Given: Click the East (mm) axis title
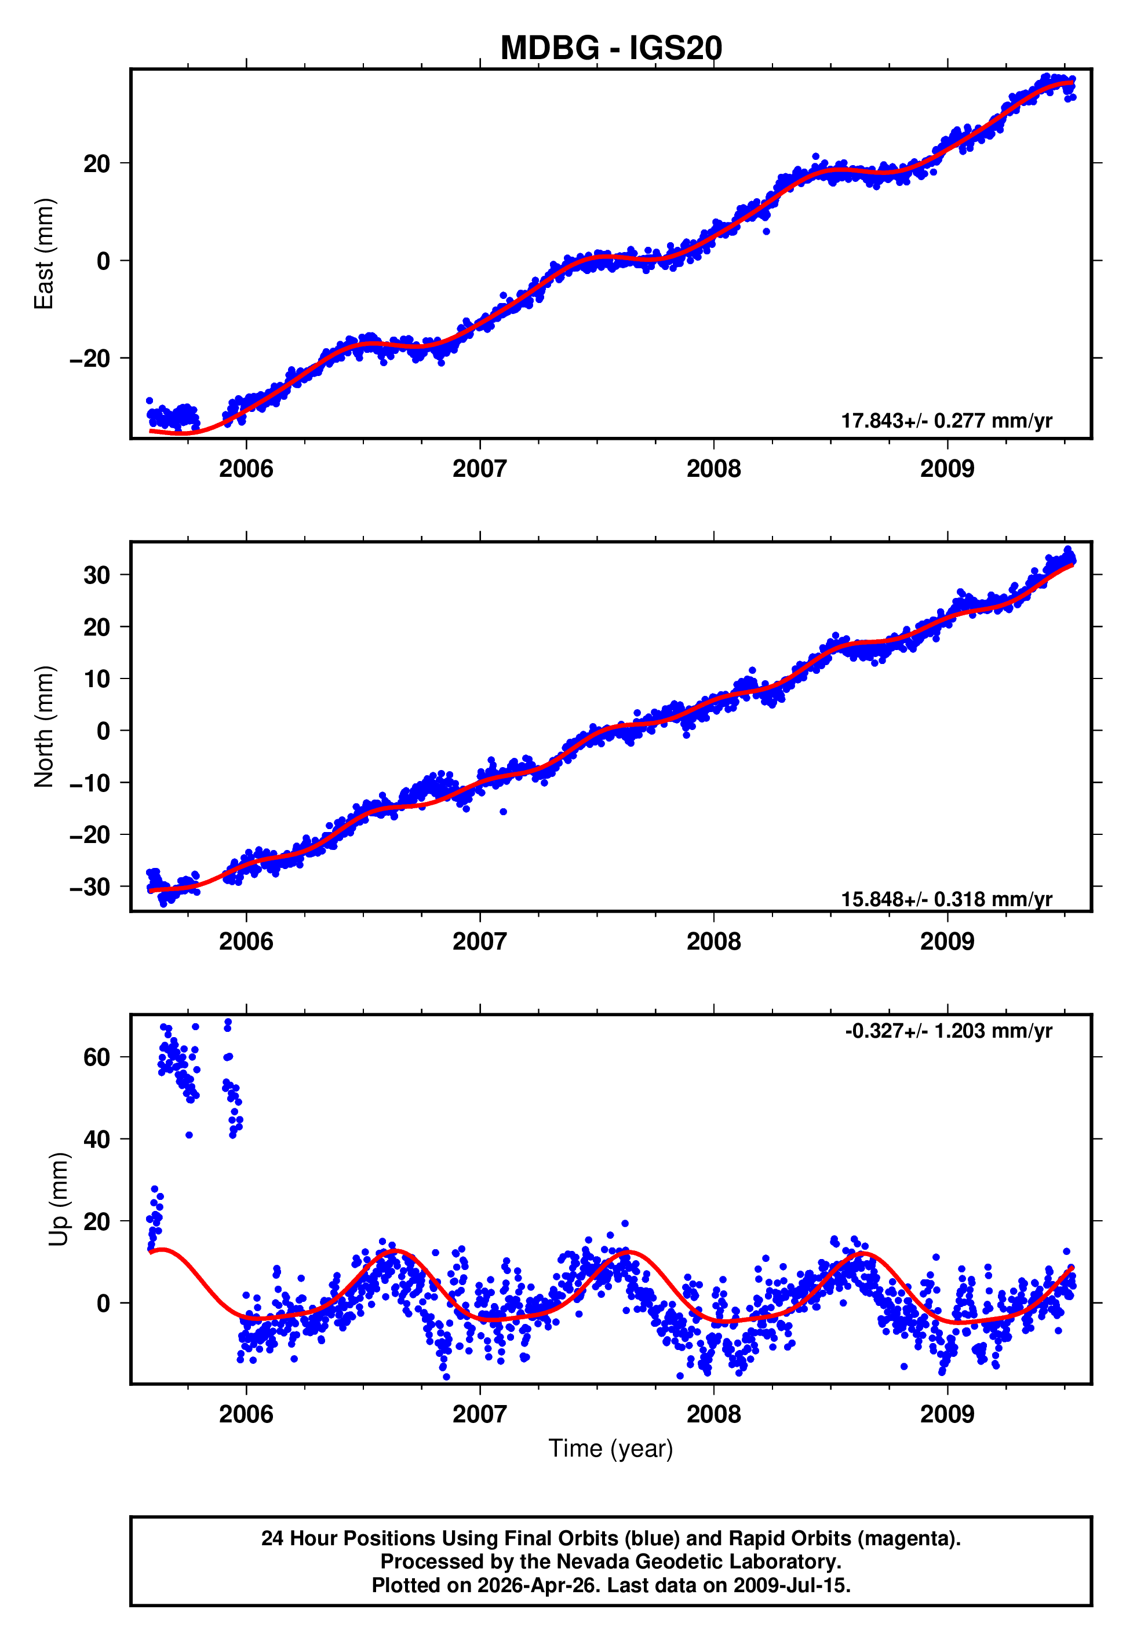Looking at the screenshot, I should pos(44,254).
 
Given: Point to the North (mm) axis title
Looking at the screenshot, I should pos(44,727).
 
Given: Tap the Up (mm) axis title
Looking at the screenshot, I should pos(59,1199).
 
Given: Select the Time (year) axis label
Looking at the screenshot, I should pos(611,1448).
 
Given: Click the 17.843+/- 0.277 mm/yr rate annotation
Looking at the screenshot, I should pos(946,421).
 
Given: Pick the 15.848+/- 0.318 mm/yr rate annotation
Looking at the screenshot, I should pos(946,899).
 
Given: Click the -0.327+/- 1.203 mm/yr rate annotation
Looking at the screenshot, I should pos(948,1031).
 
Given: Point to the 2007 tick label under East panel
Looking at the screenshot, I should pos(479,469).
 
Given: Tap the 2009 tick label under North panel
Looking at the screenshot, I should pos(947,942).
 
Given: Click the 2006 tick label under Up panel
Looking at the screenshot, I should pos(246,1414).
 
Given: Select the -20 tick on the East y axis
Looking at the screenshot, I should pos(90,358).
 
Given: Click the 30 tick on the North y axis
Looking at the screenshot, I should pos(97,575).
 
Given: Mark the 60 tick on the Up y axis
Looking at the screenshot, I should pos(97,1057).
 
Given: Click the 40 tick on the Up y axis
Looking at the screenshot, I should pos(97,1139).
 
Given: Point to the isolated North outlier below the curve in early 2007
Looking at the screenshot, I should pos(503,812).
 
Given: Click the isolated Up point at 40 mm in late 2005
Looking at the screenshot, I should pos(189,1135).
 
